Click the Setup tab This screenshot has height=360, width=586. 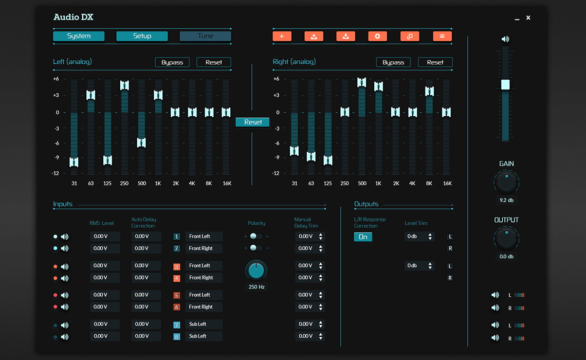point(142,36)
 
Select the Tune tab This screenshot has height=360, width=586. point(205,36)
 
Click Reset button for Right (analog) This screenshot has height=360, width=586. point(435,62)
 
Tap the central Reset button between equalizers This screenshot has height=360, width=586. point(252,122)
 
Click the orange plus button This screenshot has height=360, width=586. point(282,36)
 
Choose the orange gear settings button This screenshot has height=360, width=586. point(377,36)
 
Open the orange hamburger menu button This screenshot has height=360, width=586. point(442,36)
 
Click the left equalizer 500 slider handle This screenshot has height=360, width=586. point(141,142)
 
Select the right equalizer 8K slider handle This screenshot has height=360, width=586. point(429,91)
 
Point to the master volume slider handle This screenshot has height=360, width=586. point(505,85)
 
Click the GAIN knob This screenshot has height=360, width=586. point(506,182)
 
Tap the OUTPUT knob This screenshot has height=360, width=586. point(506,238)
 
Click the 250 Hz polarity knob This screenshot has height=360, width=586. point(256,270)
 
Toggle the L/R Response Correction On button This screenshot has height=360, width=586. point(363,237)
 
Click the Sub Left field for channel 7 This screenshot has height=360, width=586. point(204,324)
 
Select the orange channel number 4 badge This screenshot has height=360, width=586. point(176,278)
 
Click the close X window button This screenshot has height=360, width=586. point(528,18)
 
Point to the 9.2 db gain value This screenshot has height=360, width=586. point(506,200)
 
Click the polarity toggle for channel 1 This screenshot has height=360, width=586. point(255,237)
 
